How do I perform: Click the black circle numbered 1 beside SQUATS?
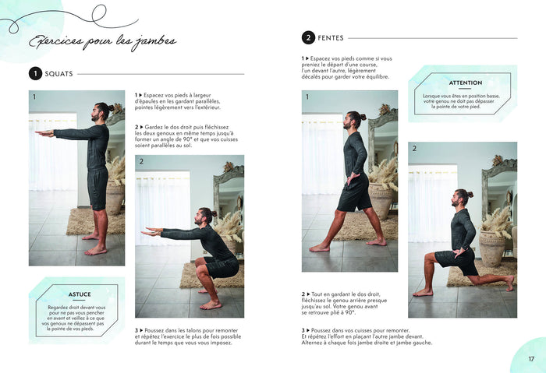point(35,74)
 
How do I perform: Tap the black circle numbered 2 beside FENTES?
point(308,38)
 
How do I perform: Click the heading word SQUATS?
point(58,74)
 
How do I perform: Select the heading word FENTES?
point(331,38)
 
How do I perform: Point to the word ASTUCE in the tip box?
point(80,294)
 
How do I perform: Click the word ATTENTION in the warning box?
point(466,83)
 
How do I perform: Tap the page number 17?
point(531,359)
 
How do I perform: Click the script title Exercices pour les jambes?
point(103,42)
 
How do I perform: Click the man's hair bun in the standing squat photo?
point(111,107)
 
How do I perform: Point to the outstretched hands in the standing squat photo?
point(44,133)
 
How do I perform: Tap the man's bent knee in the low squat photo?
point(200,262)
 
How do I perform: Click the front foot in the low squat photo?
point(211,305)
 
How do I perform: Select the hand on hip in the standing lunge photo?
point(351,178)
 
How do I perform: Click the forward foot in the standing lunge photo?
point(319,248)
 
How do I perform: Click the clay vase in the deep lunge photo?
point(491,248)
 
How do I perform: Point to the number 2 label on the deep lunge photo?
point(414,149)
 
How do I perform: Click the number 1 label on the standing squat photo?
point(34,97)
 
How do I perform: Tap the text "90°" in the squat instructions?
point(187,139)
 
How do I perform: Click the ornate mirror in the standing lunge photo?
point(383,139)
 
